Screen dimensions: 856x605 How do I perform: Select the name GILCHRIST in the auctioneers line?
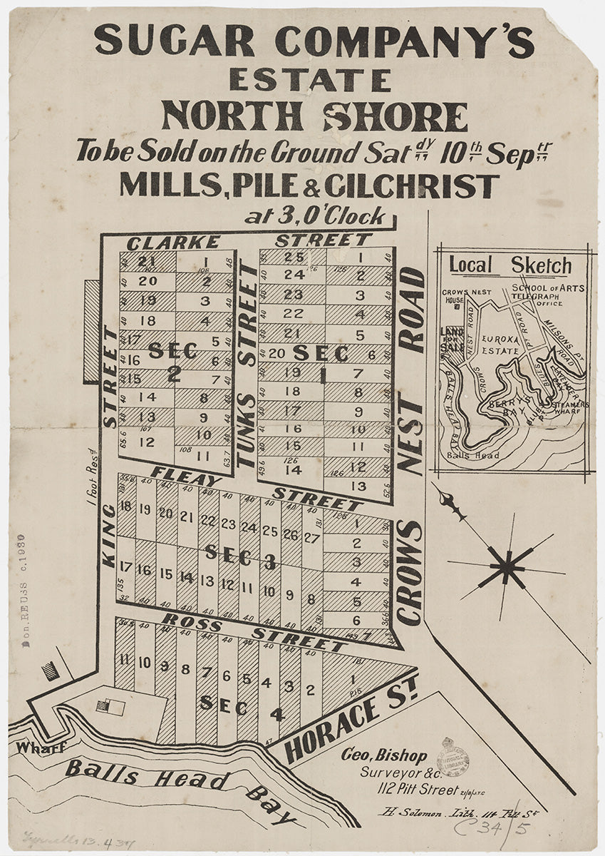coord(411,185)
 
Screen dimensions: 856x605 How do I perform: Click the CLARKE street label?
coord(163,243)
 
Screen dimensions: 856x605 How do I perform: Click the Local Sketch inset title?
coord(510,266)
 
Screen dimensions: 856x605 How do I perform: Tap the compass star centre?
coord(507,567)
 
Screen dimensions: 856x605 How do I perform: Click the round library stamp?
coord(453,756)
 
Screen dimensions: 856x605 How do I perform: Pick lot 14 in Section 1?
coord(293,470)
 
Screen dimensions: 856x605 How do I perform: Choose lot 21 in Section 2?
coord(148,261)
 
